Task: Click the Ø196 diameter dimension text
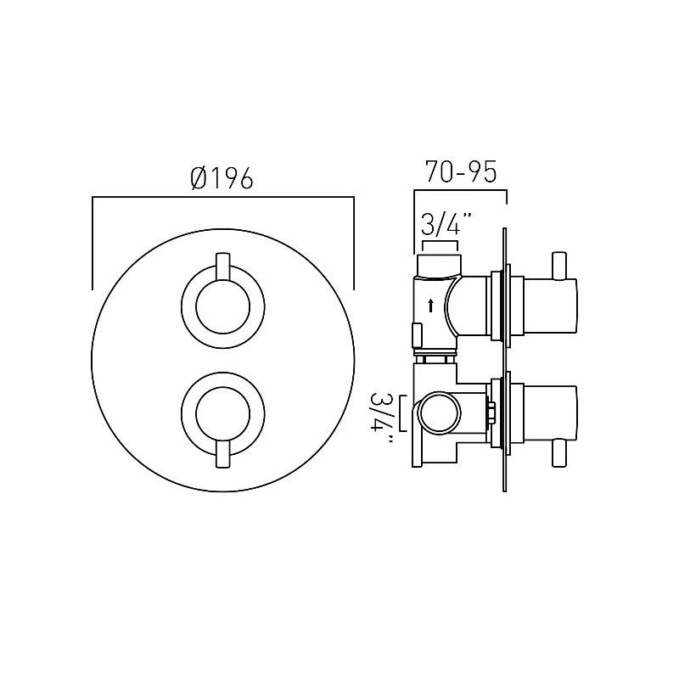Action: (222, 178)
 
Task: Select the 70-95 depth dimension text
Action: (460, 172)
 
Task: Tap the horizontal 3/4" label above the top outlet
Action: (446, 225)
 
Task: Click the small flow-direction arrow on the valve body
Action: (431, 306)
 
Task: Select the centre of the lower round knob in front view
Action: (222, 412)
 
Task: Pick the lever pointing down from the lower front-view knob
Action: (222, 455)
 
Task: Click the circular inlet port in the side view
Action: (438, 412)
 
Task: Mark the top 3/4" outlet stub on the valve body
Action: (440, 261)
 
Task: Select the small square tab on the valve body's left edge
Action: (416, 334)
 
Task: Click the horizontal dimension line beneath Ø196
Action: (222, 198)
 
